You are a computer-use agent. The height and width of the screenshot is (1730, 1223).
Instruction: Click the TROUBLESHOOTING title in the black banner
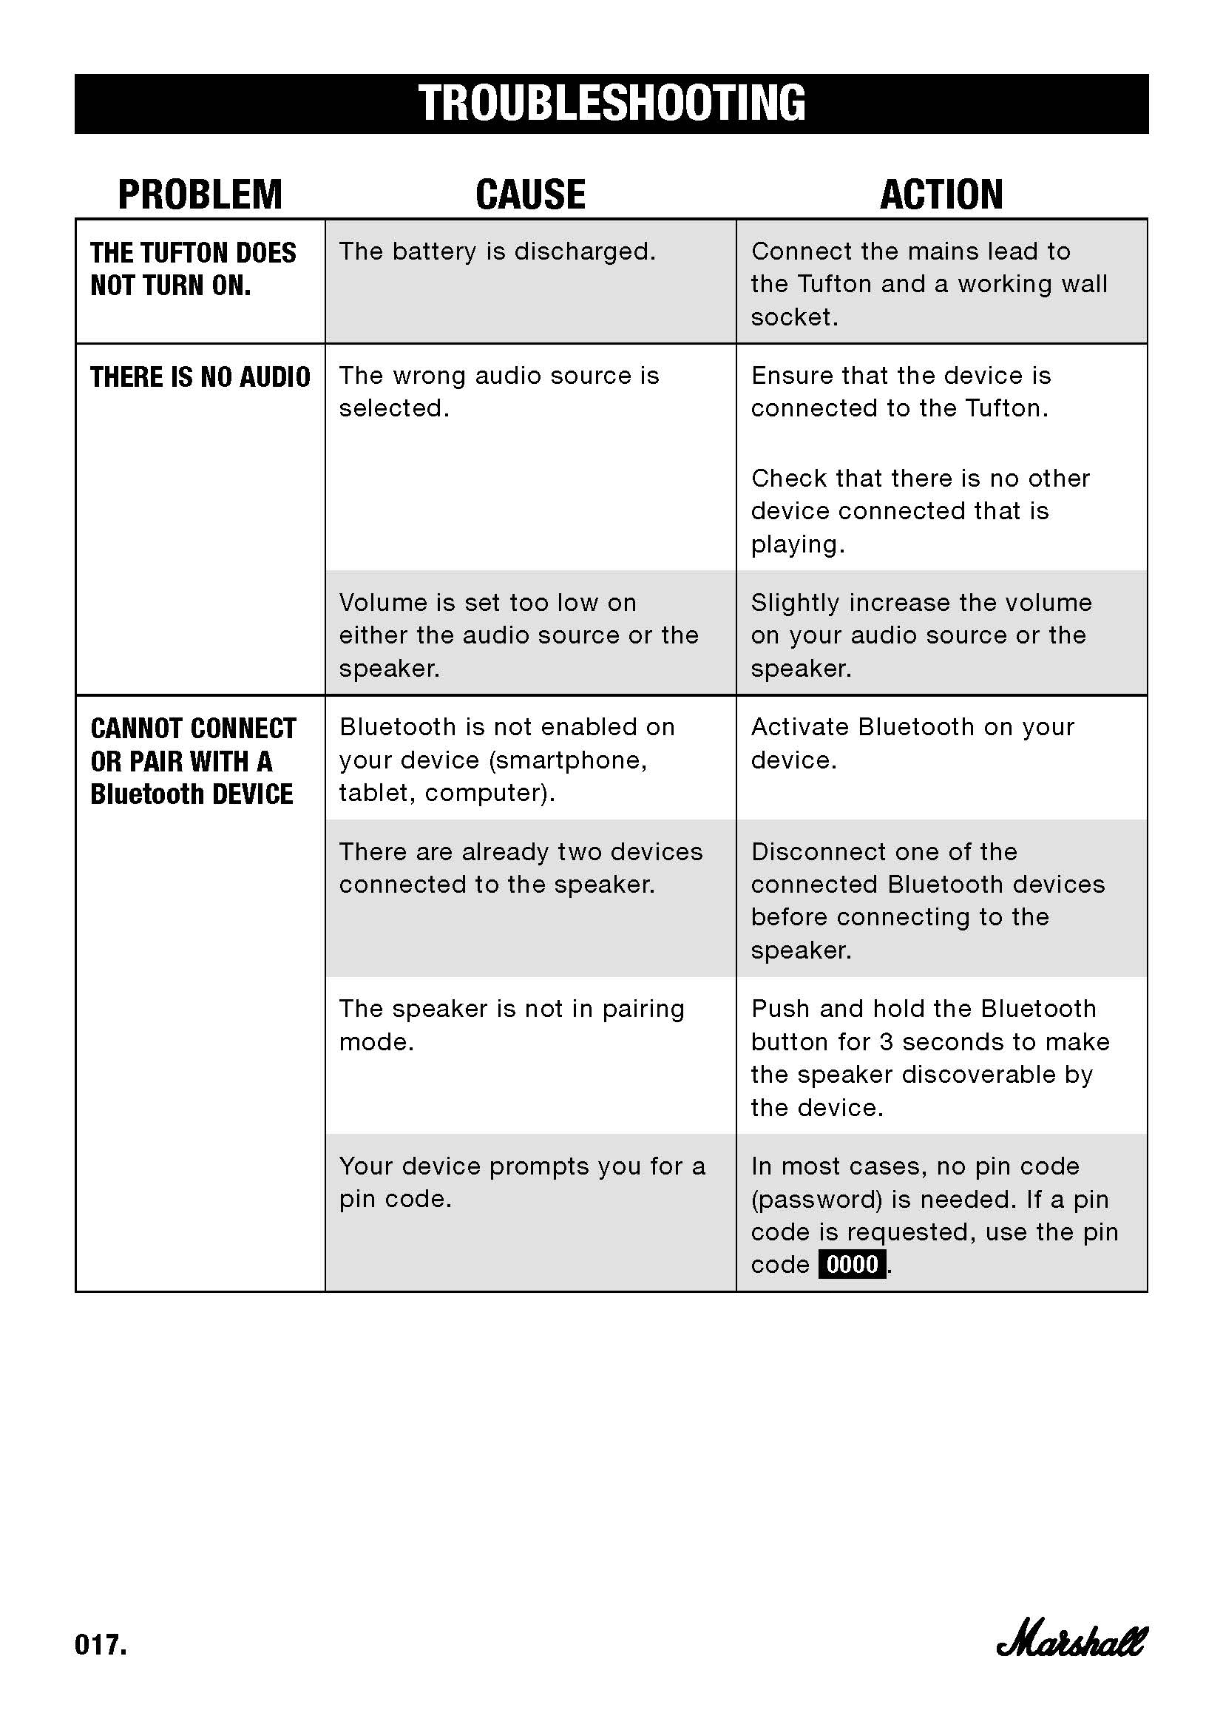tap(611, 104)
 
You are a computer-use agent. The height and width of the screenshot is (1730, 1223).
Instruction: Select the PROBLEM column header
tap(200, 195)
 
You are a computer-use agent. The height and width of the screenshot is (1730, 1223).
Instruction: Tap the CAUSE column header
tap(530, 195)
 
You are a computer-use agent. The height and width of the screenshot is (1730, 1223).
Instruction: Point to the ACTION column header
tap(941, 195)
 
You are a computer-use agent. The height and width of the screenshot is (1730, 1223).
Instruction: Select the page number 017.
tap(101, 1644)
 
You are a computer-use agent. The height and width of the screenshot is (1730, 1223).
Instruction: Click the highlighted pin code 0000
tap(852, 1263)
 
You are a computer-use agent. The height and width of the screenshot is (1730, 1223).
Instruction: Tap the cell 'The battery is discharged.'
tap(497, 251)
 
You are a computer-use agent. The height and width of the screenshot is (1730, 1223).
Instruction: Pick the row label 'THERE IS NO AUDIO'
tap(200, 376)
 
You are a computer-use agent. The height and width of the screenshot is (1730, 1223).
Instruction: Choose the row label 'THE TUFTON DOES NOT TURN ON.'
tap(193, 269)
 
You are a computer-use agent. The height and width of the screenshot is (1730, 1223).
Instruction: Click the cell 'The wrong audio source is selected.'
tap(498, 392)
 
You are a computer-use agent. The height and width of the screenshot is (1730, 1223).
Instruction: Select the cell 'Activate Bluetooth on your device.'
tap(912, 743)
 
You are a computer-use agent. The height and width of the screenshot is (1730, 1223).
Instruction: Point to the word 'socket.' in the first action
tap(793, 317)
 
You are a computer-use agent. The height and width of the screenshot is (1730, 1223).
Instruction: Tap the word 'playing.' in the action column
tap(798, 544)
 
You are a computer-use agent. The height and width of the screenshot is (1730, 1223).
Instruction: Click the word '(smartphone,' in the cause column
tap(568, 760)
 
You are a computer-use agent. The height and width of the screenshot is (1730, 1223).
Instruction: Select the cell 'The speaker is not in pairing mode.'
tap(512, 1024)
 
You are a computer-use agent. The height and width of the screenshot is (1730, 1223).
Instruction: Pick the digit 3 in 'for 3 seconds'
tap(887, 1042)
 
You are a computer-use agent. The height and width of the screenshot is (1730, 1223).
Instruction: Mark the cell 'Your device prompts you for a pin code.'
tap(522, 1182)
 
